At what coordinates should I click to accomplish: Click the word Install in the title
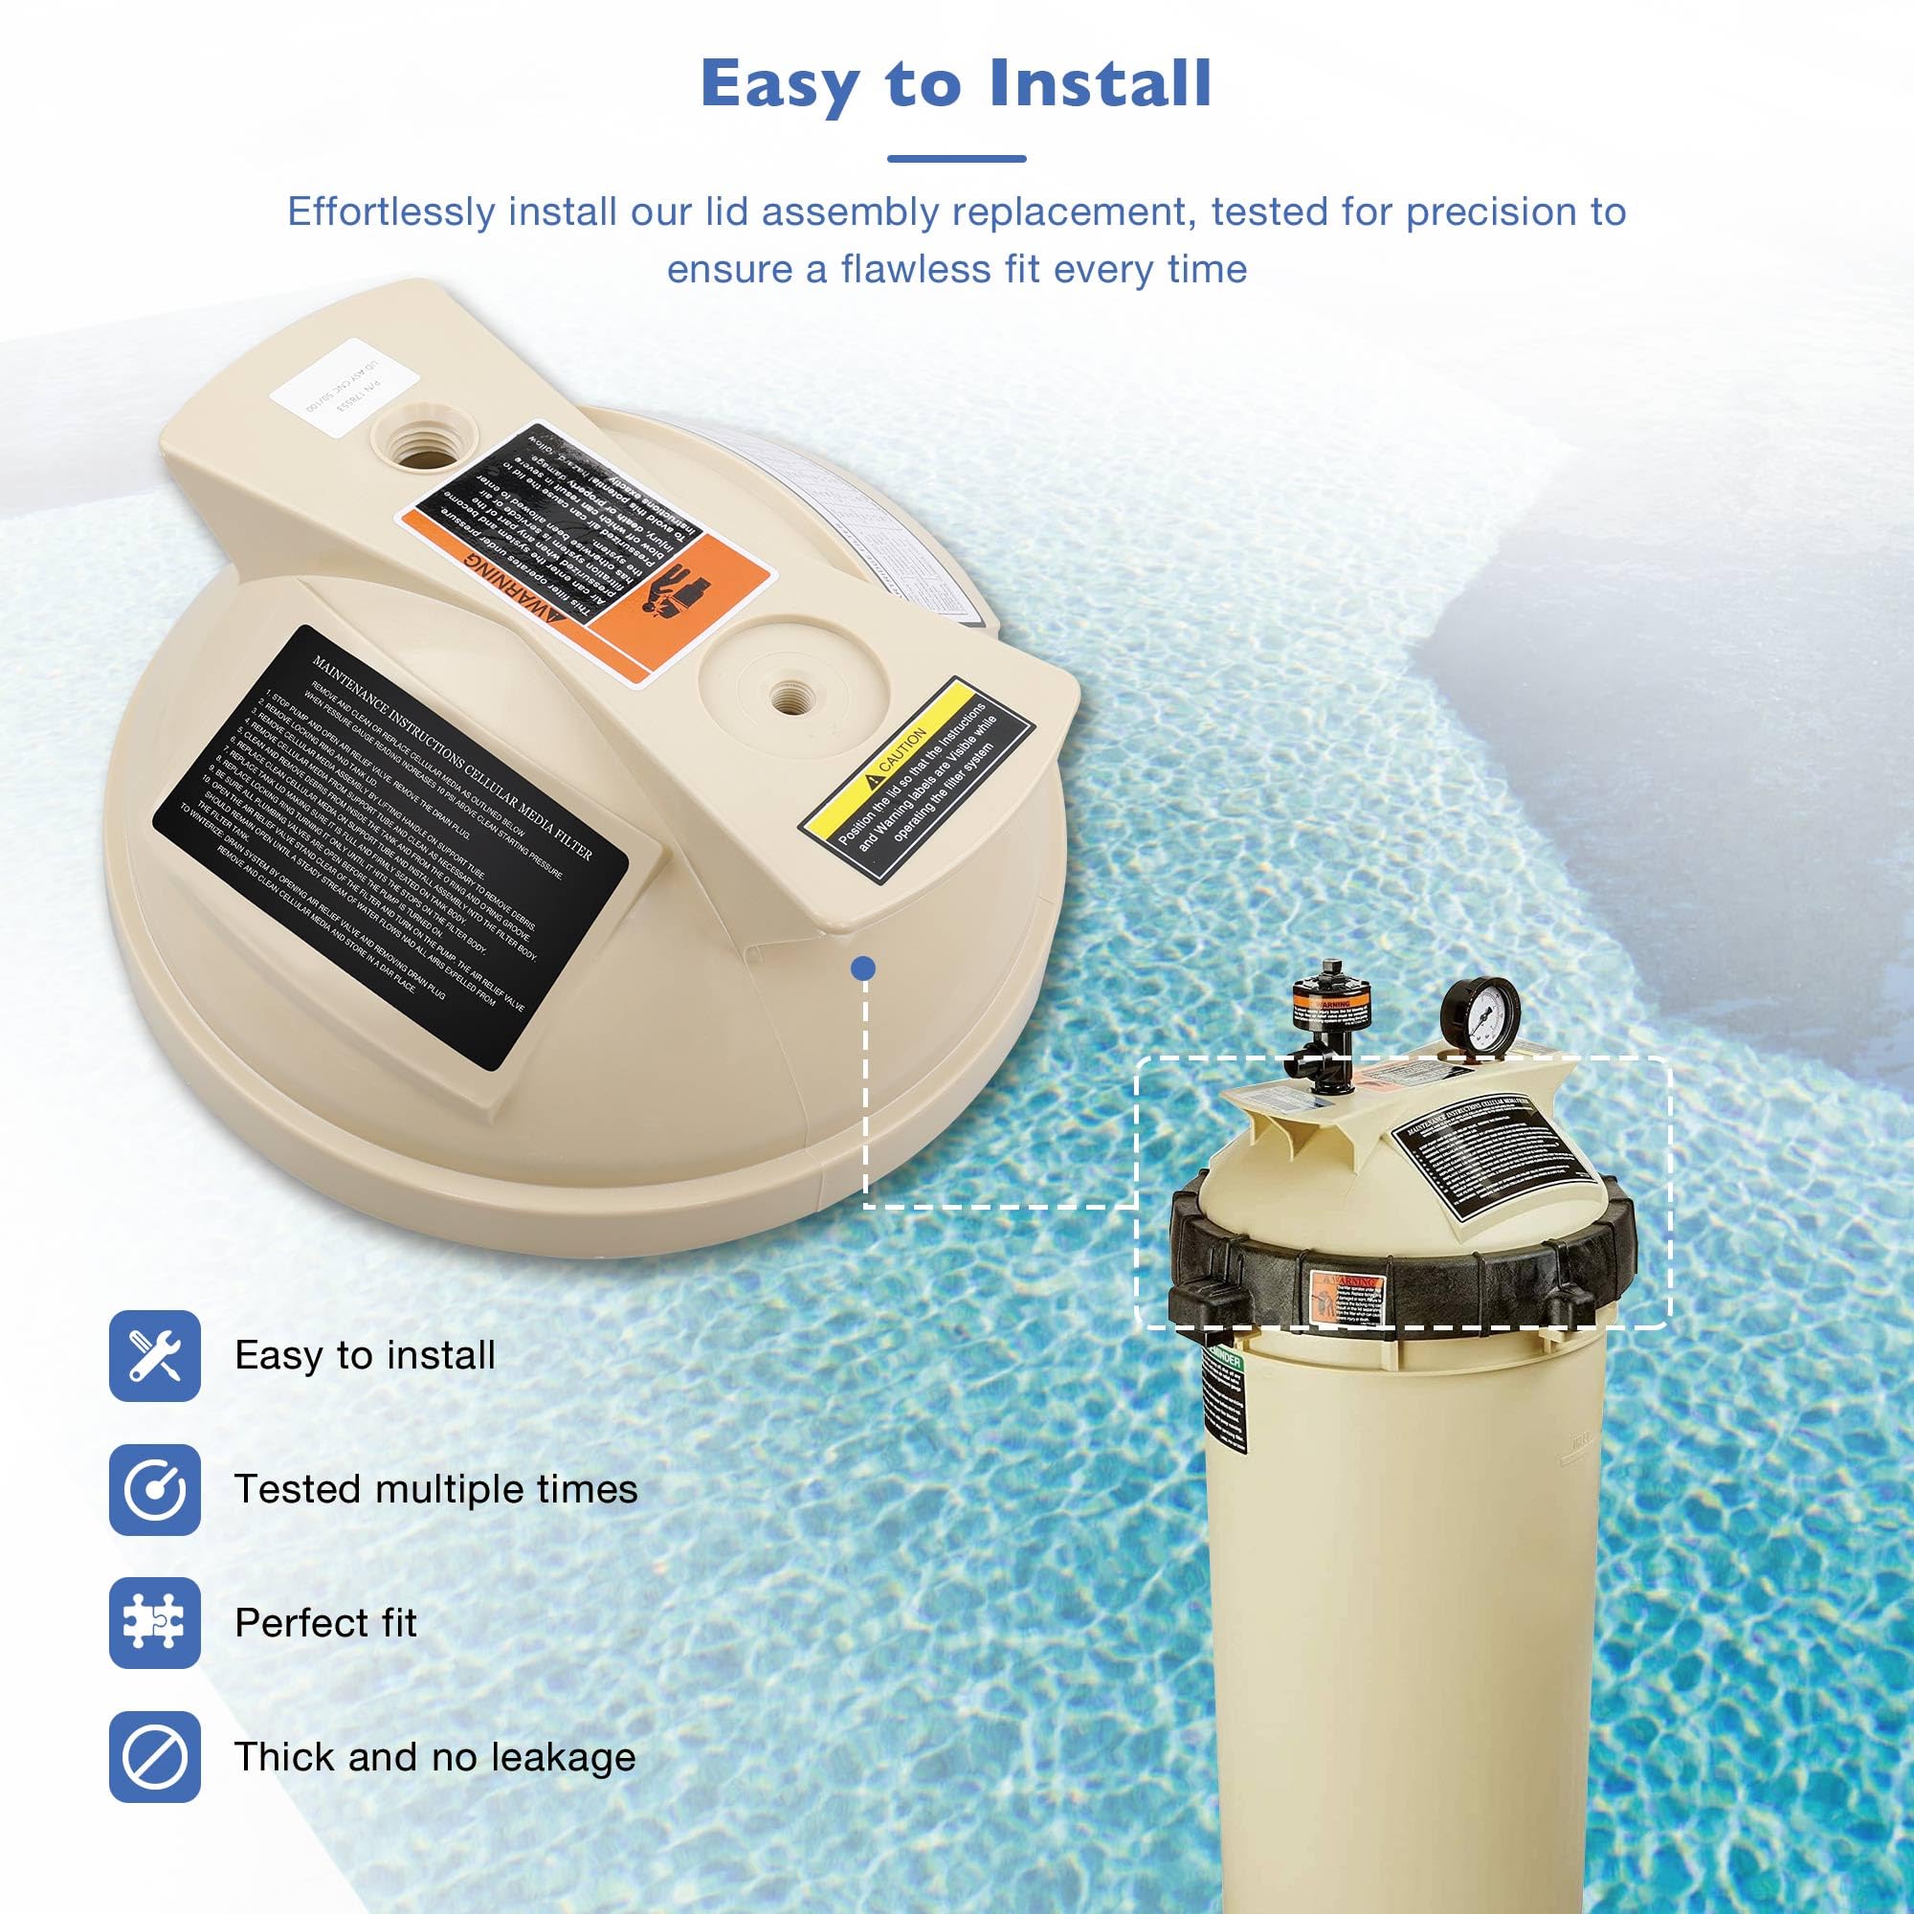[x=1100, y=83]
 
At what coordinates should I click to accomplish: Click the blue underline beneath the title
[x=956, y=159]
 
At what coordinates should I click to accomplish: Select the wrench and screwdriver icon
[x=154, y=1355]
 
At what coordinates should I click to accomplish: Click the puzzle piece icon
[x=154, y=1623]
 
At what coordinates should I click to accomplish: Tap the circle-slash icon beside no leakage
[x=154, y=1756]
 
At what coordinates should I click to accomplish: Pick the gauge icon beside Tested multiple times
[x=154, y=1489]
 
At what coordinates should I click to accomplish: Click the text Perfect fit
[x=325, y=1623]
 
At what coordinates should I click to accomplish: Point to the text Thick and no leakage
[x=434, y=1756]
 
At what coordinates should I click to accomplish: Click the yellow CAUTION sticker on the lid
[x=917, y=778]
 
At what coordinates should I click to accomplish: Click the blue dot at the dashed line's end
[x=865, y=968]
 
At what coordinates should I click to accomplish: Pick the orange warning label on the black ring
[x=1345, y=1295]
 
